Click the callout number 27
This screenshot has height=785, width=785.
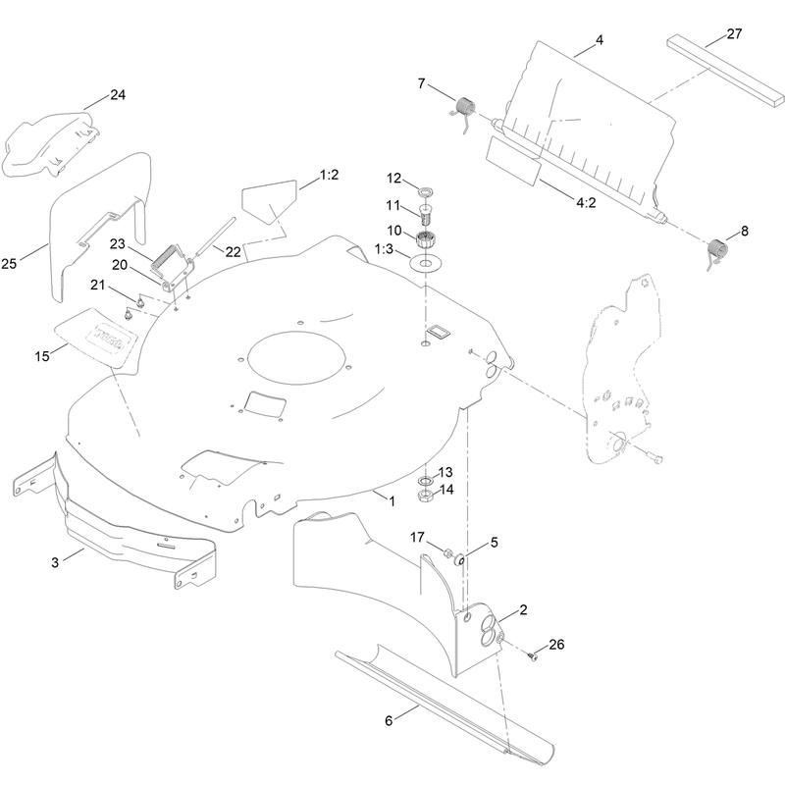[x=734, y=34]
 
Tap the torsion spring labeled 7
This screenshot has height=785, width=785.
[x=463, y=113]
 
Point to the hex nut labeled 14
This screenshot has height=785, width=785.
[x=426, y=496]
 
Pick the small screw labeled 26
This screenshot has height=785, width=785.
[x=533, y=655]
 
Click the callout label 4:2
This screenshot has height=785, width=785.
[x=586, y=203]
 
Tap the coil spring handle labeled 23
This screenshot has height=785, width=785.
[x=165, y=260]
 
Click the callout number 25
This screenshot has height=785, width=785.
[x=9, y=263]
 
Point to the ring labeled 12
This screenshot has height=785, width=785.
[x=426, y=191]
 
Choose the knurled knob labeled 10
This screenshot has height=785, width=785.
[x=426, y=237]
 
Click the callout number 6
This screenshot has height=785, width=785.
[x=389, y=720]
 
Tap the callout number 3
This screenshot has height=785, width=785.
[x=55, y=562]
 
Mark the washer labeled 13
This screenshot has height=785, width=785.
[x=426, y=481]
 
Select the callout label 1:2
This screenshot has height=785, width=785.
[x=330, y=175]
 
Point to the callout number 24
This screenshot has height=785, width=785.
[x=118, y=94]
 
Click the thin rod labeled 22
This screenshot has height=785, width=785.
[x=214, y=235]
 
